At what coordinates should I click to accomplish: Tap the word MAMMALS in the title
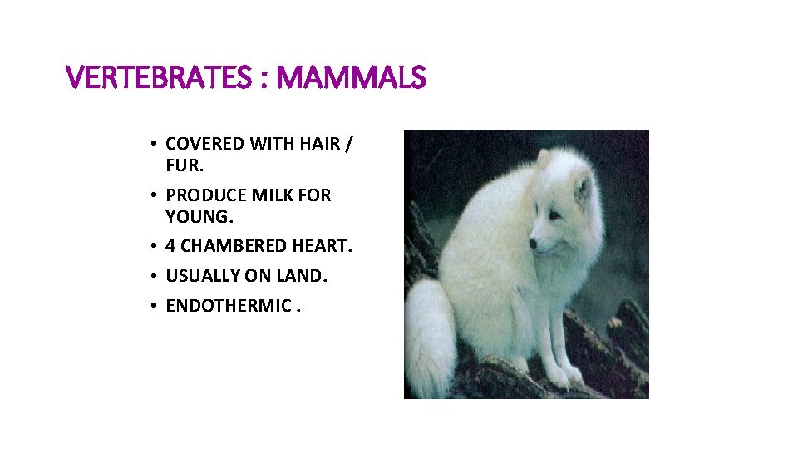[351, 79]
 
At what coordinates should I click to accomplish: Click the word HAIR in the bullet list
[318, 144]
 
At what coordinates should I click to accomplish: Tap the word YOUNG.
[198, 216]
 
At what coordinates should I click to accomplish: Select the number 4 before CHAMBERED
[170, 247]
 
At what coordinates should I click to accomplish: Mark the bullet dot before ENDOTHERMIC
[155, 306]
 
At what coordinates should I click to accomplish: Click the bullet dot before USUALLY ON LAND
[155, 276]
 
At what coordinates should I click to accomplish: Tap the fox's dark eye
[550, 215]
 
